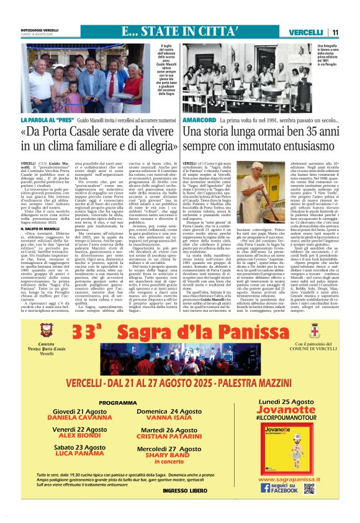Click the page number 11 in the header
click(x=352, y=32)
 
